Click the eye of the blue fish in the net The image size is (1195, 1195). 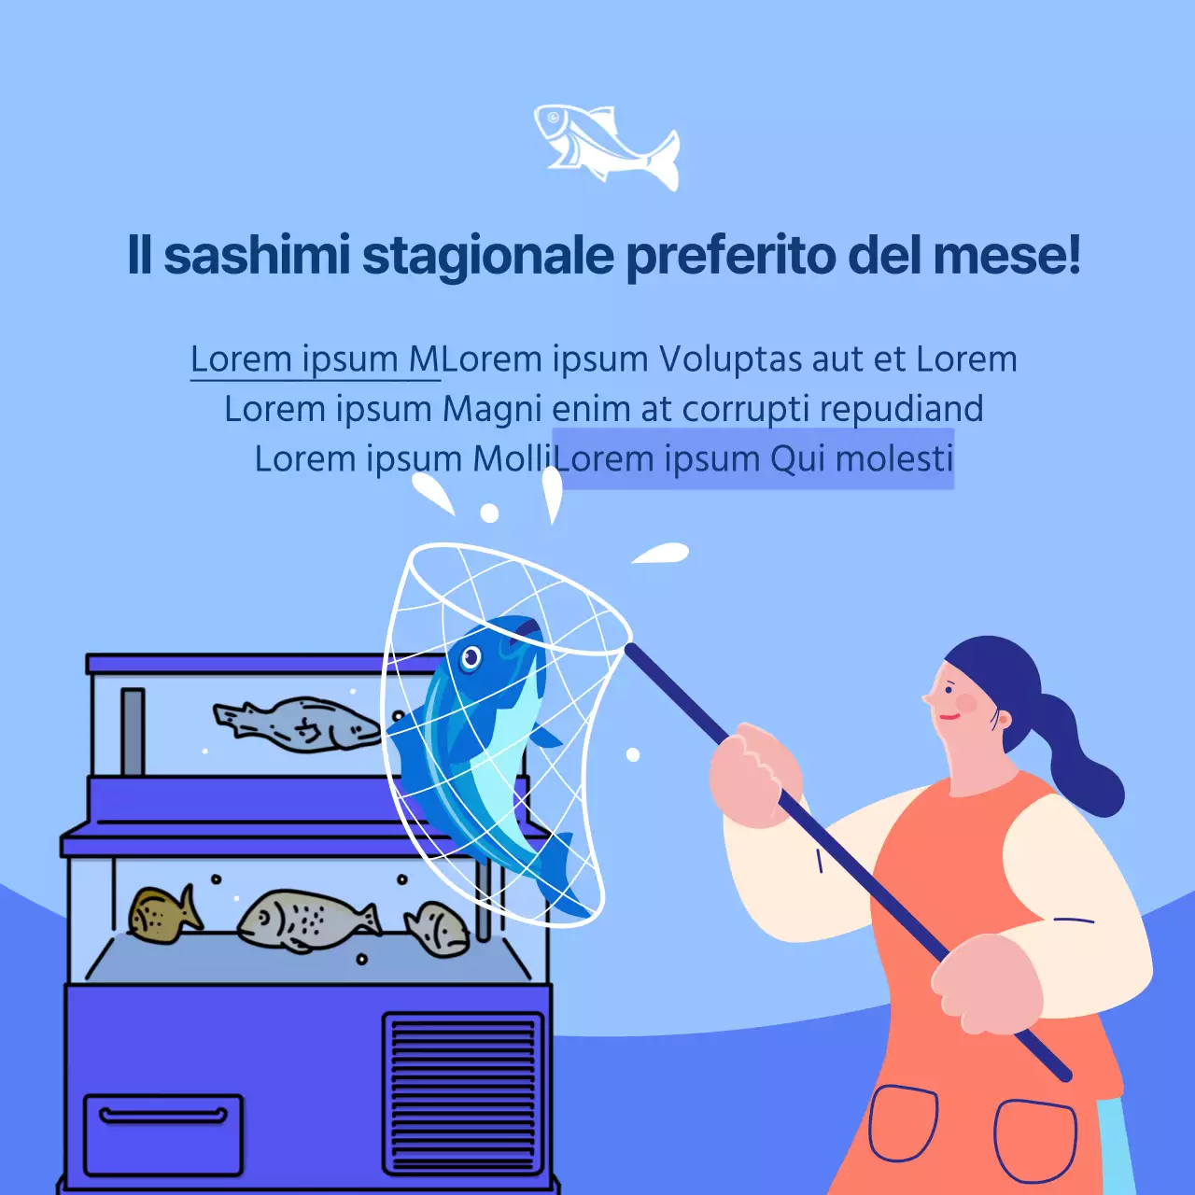[x=471, y=658]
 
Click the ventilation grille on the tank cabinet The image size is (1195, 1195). [x=463, y=1093]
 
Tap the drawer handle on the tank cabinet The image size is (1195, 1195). [x=163, y=1116]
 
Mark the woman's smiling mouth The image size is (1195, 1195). [x=949, y=717]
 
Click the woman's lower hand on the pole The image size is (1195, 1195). [x=986, y=985]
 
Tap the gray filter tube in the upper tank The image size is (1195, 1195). [x=133, y=732]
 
